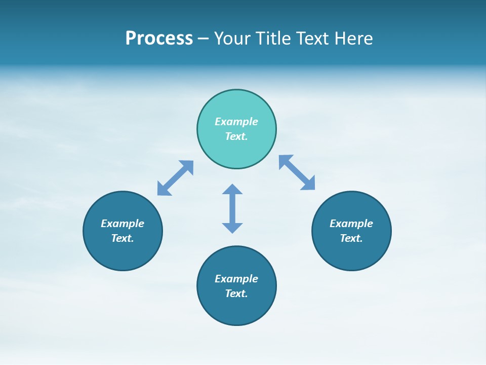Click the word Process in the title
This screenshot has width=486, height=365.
coord(159,39)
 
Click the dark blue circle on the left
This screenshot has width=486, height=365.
coord(123,253)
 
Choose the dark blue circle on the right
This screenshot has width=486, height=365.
coord(351,253)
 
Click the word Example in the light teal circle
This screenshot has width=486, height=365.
coord(236,122)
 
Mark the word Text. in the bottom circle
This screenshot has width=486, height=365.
coord(236,294)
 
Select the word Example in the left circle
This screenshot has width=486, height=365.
coord(123,224)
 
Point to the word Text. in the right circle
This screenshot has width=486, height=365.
coord(351,238)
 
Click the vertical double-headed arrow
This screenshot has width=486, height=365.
coord(232,208)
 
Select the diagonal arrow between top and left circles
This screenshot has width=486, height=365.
coord(175,178)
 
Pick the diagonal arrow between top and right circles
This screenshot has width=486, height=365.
coord(297,172)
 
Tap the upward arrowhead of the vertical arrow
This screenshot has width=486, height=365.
coord(232,189)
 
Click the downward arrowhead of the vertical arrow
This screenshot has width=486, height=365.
coord(232,228)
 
